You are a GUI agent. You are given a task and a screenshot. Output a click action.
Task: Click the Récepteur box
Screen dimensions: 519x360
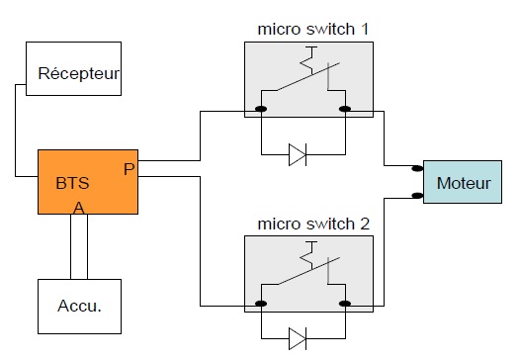(73, 68)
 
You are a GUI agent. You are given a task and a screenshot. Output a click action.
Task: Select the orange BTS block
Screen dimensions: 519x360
(88, 182)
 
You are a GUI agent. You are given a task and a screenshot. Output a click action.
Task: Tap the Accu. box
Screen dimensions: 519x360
(79, 307)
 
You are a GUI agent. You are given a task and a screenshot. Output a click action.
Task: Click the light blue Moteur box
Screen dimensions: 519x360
(463, 182)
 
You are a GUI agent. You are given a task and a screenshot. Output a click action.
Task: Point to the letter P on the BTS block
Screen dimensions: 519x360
(130, 169)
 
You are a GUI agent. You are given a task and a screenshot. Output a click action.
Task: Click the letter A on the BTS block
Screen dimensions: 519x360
(79, 208)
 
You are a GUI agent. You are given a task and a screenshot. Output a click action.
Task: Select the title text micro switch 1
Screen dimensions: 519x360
(312, 29)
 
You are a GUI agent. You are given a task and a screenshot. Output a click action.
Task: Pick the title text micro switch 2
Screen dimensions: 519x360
(313, 224)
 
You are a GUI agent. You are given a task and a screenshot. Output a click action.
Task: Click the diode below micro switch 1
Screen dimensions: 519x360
(298, 154)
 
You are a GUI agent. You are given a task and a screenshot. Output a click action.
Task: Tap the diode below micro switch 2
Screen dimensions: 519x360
(298, 338)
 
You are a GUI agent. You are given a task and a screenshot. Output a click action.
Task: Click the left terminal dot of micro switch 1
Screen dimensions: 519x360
(261, 109)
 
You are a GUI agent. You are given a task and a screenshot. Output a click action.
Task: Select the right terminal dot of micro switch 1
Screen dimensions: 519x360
(345, 109)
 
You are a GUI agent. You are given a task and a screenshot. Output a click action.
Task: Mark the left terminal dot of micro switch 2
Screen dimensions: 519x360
(261, 304)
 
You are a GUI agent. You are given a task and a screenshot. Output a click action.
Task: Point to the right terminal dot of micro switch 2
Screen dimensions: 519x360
(345, 304)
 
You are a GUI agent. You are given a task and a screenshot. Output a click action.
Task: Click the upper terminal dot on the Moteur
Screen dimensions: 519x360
(417, 168)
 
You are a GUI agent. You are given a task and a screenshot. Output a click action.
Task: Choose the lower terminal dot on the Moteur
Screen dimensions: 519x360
(417, 196)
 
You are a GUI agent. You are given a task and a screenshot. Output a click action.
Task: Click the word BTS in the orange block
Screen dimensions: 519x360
(72, 183)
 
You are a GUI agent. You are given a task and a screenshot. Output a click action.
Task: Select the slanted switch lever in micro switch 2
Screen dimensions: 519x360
(308, 271)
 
